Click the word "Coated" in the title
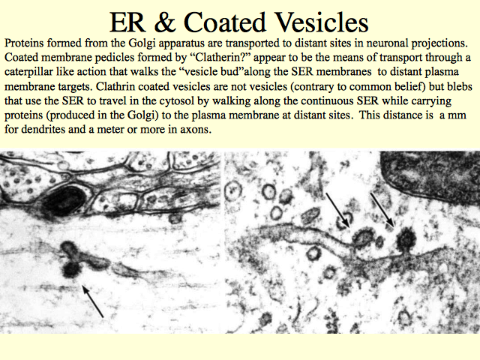[225, 22]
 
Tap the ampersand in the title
[165, 22]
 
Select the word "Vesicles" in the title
[322, 22]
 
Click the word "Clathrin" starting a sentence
[115, 87]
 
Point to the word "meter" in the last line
[110, 130]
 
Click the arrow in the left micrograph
[93, 301]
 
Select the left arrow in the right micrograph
[337, 210]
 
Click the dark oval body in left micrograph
[64, 200]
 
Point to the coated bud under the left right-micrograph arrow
[363, 237]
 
